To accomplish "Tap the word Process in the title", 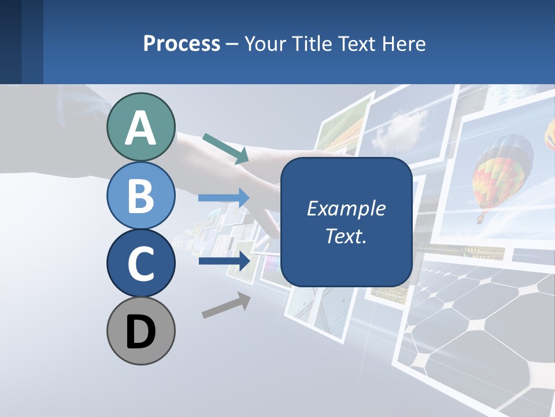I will (x=182, y=43).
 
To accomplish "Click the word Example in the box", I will (x=346, y=209).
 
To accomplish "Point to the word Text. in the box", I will (x=346, y=236).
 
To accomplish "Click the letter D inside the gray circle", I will (x=140, y=332).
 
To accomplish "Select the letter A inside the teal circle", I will (x=140, y=128).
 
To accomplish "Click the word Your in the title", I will (x=264, y=43).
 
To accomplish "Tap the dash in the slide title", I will (x=232, y=44).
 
